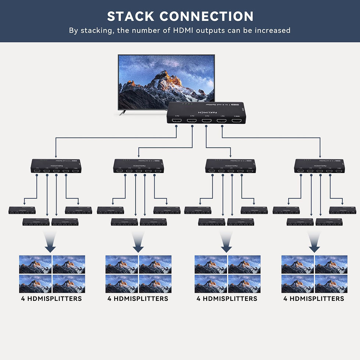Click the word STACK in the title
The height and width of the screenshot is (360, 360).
130,17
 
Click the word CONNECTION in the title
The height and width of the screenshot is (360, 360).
207,17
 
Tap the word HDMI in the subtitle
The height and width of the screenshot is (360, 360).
181,30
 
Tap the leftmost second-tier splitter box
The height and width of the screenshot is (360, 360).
56,166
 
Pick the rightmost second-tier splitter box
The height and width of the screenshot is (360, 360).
320,166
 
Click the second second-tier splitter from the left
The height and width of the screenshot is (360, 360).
138,166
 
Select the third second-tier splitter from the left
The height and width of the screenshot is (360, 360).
230,166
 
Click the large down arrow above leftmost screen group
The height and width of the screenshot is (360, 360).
52,243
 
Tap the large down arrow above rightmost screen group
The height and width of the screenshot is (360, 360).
314,243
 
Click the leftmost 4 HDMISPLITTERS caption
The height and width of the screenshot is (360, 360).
51,299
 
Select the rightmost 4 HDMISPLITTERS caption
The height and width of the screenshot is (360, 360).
314,299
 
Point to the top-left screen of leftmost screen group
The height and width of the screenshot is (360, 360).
35,264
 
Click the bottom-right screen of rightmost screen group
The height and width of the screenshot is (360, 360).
331,283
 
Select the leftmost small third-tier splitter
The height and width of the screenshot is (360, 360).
22,210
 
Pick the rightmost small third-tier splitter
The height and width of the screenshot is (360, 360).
343,210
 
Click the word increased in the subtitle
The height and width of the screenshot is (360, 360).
272,30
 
